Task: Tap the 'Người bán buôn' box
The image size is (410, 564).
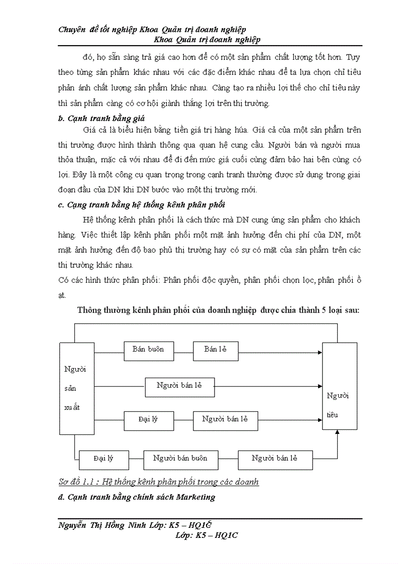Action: [x=179, y=459]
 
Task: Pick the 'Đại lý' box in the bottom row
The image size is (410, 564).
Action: [x=104, y=459]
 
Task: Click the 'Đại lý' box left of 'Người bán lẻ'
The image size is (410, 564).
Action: [x=148, y=420]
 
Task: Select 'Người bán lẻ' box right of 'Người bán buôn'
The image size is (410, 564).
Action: [x=275, y=459]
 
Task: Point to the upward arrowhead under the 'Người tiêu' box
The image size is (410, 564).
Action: [x=337, y=433]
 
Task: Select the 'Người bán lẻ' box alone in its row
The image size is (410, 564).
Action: [x=179, y=386]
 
